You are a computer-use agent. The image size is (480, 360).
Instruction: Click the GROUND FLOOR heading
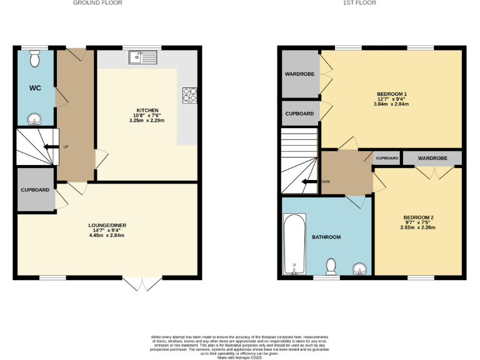point(97,3)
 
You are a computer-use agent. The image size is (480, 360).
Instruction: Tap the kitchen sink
point(144,58)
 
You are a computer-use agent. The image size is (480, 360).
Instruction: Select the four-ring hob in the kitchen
point(189,94)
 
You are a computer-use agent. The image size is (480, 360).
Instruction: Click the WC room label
point(34,87)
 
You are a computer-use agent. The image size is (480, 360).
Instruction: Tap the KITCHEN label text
point(147,111)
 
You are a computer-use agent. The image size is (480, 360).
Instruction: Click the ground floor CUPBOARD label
point(35,189)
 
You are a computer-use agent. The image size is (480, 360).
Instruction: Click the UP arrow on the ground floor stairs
point(47,147)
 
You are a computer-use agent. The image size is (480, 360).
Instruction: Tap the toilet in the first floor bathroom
point(332,267)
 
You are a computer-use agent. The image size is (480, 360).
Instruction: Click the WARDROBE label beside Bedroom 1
point(299,74)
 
